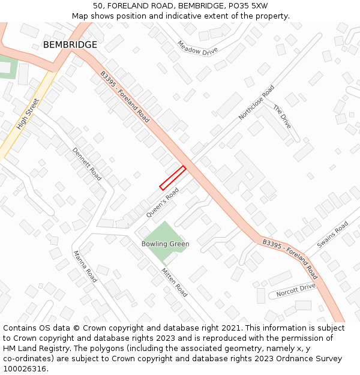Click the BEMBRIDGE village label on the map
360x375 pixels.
[70, 45]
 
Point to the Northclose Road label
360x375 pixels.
[256, 102]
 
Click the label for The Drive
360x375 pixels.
[282, 116]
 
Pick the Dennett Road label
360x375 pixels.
[87, 164]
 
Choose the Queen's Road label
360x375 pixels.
[163, 203]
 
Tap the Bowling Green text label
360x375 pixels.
[165, 244]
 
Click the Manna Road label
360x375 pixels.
[85, 266]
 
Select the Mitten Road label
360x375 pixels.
[174, 282]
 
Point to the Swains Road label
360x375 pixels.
[332, 235]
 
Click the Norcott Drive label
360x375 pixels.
[296, 290]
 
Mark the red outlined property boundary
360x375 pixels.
[172, 178]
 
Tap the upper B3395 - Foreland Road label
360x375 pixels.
[125, 97]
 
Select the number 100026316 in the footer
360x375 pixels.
[26, 368]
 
